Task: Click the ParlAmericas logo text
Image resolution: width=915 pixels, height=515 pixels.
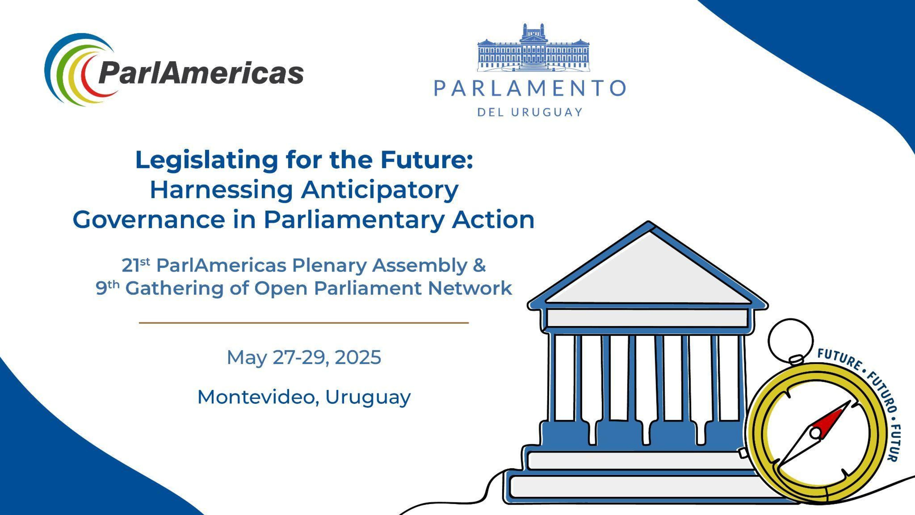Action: tap(201, 73)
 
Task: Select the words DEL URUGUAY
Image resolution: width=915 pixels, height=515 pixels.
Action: tap(530, 112)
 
